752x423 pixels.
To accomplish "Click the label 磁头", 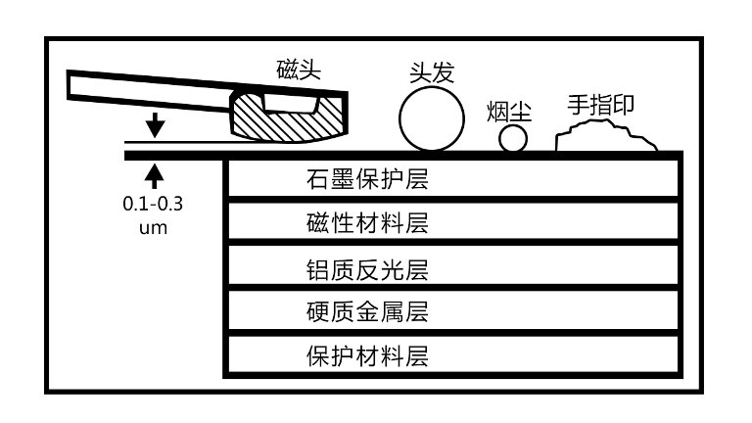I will point(299,70).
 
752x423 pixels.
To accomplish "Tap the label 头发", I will point(432,71).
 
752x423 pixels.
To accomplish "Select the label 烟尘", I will point(508,110).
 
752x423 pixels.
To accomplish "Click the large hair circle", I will point(432,119).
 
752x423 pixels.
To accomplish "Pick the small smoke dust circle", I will point(513,139).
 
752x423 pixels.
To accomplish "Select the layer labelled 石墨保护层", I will point(451,179).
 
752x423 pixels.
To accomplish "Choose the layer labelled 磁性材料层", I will point(451,223).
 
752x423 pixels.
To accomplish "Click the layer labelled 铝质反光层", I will point(451,267).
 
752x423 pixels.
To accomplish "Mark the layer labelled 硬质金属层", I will point(451,312).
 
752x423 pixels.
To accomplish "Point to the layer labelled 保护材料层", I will point(451,355).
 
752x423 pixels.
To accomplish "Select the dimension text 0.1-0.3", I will point(153,205).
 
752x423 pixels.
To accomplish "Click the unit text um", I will point(153,227).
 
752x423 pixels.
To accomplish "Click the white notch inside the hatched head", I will point(292,101).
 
